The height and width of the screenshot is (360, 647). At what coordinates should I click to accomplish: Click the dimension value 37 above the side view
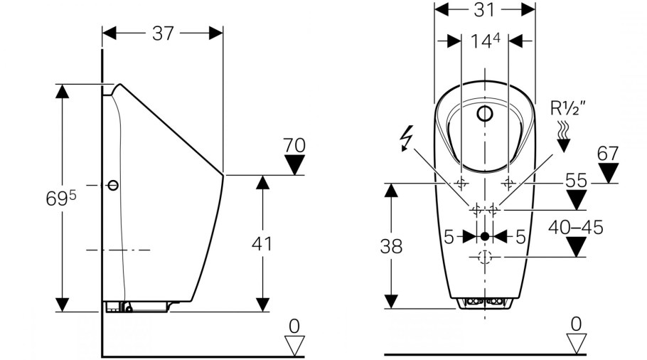163,33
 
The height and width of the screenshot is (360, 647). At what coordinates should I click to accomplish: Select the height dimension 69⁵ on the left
61,198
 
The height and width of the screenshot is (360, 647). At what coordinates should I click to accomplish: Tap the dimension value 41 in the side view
262,244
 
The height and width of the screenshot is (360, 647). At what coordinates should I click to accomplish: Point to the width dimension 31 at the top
484,9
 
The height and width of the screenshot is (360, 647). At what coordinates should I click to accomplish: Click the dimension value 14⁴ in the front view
485,41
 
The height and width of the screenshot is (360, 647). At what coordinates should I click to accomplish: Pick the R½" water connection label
568,108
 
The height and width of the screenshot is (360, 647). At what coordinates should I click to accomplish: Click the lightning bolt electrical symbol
407,139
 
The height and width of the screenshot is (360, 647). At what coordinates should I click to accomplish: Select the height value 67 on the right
608,154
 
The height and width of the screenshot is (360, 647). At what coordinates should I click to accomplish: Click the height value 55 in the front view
576,181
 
